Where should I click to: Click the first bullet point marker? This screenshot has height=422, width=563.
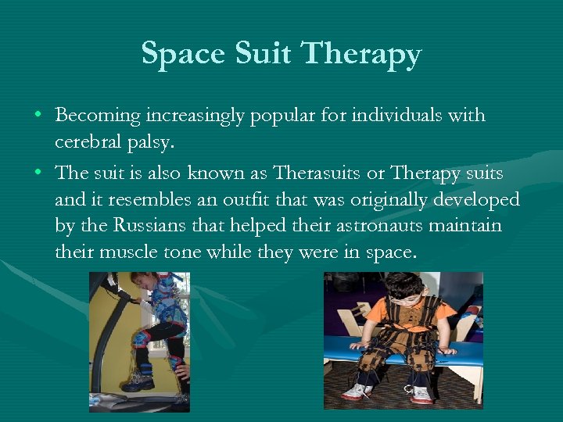point(38,116)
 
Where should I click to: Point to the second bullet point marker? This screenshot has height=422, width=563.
point(38,172)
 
